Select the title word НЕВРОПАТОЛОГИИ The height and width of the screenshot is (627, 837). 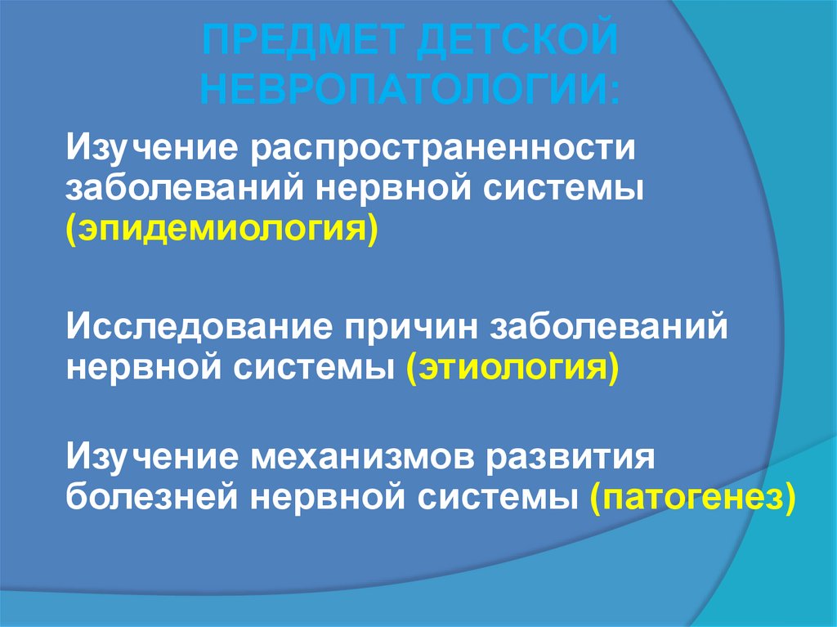410,87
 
